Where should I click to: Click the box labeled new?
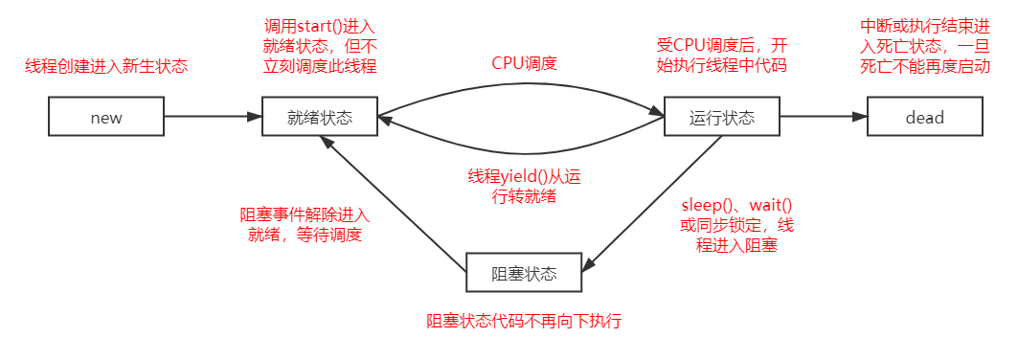pos(106,118)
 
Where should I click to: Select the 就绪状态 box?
pos(319,118)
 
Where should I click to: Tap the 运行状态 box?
pos(722,118)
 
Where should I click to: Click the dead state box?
pos(924,118)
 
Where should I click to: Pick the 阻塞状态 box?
pos(524,273)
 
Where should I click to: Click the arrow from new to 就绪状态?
pos(213,118)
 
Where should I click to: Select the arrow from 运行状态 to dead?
pos(823,118)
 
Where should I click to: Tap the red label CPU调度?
pos(524,63)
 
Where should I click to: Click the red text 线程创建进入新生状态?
pos(106,67)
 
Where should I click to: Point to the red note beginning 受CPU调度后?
pos(721,56)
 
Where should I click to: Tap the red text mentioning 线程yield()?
pos(523,187)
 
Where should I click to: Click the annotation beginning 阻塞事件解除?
pos(304,225)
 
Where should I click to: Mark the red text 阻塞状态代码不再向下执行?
pos(525,321)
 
